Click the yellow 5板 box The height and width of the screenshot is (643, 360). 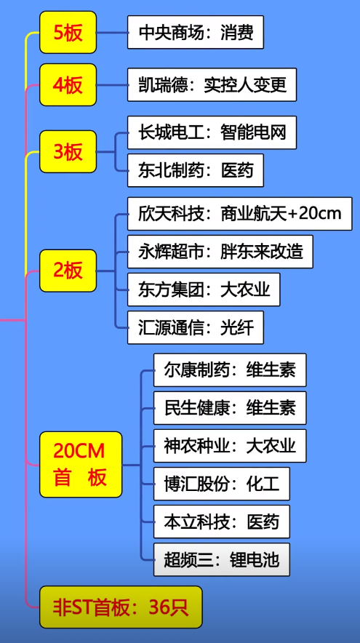pos(68,33)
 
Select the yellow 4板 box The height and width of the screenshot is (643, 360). pos(68,85)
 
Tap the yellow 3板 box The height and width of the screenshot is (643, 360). pos(68,152)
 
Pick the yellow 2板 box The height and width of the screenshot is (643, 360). pos(68,271)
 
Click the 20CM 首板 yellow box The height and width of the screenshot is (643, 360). pos(81,464)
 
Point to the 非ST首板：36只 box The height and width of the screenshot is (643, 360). pos(121,607)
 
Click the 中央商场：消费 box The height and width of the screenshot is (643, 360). pos(196,32)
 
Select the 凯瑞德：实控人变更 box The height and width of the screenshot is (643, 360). pos(212,84)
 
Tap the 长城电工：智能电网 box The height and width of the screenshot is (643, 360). pos(212,132)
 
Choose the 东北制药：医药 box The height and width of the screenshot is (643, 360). pos(196,170)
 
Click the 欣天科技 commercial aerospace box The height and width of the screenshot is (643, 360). pos(240,214)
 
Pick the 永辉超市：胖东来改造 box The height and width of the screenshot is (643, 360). pos(220,252)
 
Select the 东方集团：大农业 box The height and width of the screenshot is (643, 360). pos(204,289)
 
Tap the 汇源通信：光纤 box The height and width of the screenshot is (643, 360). pos(196,327)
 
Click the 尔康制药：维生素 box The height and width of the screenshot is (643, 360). pos(230,370)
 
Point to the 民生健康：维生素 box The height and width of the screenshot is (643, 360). pos(230,407)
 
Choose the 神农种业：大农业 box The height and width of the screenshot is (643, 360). pos(230,446)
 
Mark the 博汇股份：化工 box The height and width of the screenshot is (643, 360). pos(222,484)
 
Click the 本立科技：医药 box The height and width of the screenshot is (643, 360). pos(222,522)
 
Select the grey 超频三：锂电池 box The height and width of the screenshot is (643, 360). pos(222,559)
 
